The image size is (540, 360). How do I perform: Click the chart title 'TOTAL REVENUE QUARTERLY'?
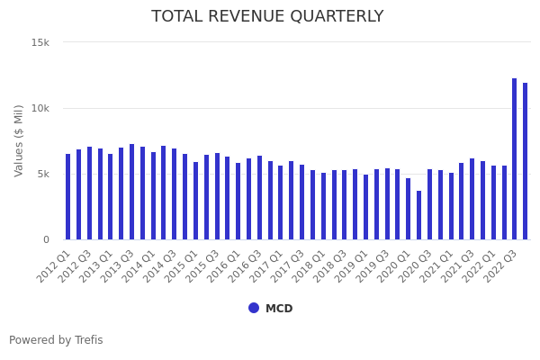point(267,16)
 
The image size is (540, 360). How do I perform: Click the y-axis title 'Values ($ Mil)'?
point(20,139)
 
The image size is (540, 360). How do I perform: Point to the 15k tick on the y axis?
point(40,42)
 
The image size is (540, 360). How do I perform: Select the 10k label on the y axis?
point(40,108)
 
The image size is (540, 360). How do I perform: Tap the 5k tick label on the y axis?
point(43,174)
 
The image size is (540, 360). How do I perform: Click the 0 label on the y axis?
point(46,239)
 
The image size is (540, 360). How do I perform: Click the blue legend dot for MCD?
point(254,308)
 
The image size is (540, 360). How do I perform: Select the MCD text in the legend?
point(279,309)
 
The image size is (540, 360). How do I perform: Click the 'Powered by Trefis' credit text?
point(56,340)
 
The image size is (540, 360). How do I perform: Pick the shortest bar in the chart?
point(418,215)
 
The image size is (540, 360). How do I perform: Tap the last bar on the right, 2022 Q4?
point(526,161)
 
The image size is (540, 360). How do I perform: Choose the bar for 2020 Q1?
point(408,209)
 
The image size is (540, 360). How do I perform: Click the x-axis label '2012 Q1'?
point(55,265)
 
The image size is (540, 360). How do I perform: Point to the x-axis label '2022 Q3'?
point(501,265)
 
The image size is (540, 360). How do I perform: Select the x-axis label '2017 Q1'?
point(267,265)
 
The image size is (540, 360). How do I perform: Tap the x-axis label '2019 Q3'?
point(373,265)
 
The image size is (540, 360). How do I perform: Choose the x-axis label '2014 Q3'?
point(161,265)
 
